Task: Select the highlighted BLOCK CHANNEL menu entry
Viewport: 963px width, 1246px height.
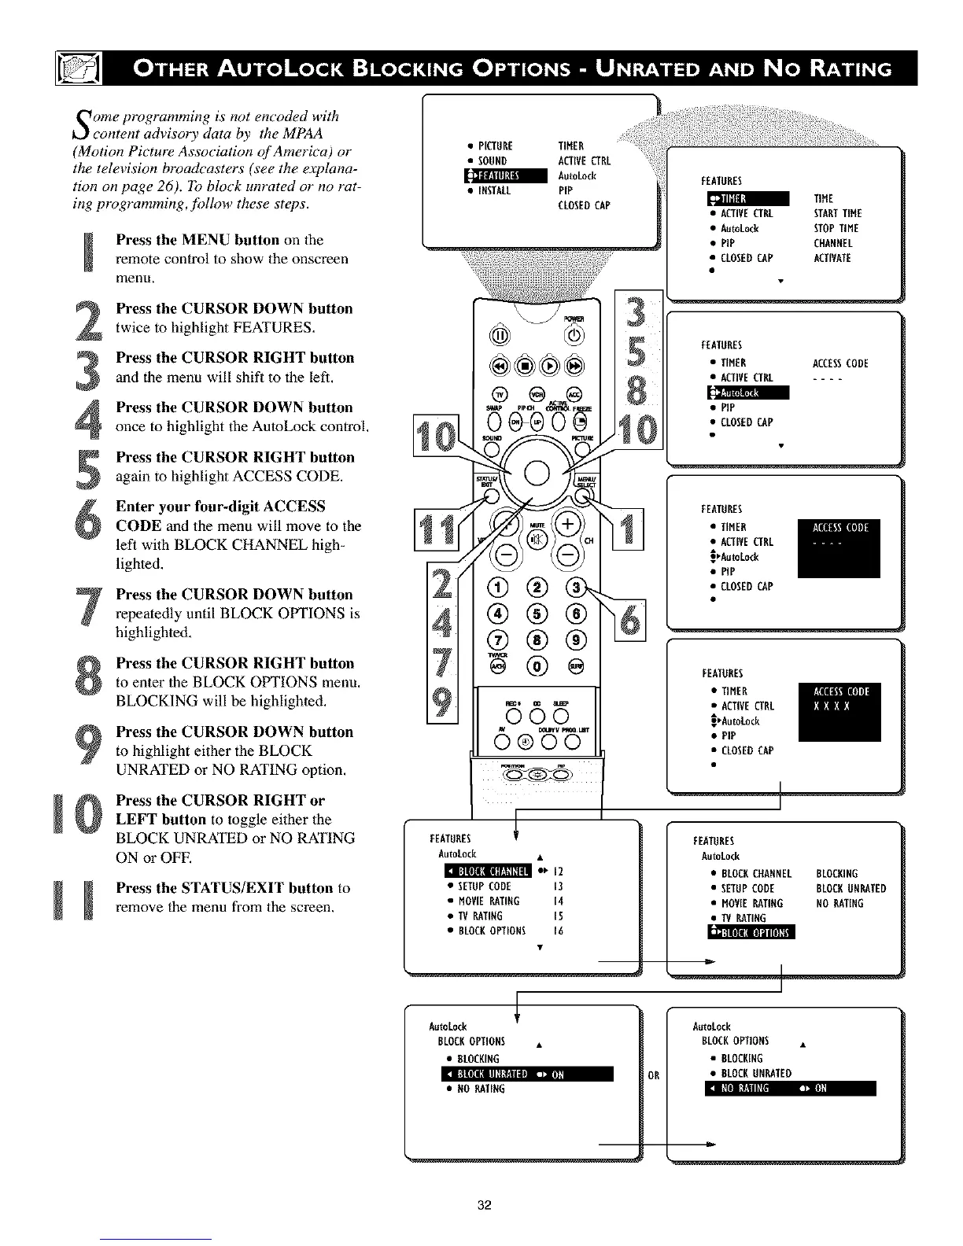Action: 489,871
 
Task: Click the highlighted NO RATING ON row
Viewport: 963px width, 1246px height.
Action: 790,1089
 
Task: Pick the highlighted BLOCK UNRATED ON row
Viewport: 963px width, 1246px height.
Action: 527,1075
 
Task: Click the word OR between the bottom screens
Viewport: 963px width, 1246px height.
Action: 654,1075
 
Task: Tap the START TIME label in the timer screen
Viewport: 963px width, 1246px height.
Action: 837,213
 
